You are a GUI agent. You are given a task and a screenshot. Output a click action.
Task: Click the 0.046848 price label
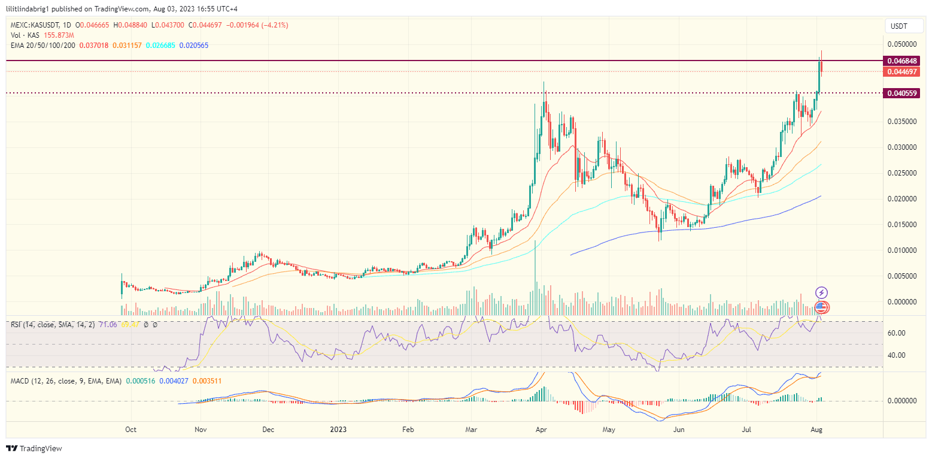tap(903, 61)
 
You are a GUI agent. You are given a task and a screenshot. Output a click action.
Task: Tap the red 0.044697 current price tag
tap(903, 72)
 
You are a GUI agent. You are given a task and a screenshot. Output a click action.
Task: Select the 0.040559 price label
tap(903, 93)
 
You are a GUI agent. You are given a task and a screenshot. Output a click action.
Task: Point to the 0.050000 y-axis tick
tap(901, 44)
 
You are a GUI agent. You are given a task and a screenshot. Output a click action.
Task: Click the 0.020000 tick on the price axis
tap(901, 199)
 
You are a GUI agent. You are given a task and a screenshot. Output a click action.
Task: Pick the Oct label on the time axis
tap(130, 430)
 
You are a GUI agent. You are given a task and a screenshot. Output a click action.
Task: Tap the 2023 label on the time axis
tap(338, 430)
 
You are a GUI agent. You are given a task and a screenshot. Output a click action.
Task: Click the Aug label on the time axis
tap(815, 430)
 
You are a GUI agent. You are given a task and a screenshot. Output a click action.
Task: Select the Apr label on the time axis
tap(541, 430)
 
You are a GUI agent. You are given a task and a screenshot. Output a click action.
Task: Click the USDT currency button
tap(899, 26)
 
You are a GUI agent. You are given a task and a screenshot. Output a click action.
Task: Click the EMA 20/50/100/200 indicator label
tap(42, 46)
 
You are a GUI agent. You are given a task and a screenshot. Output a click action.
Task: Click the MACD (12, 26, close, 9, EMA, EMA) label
tap(66, 381)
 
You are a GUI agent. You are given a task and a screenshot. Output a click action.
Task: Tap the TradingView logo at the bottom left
tap(34, 448)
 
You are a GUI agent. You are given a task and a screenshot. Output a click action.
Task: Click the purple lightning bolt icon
tap(822, 292)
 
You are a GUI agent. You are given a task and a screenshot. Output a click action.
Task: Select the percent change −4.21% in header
tap(274, 25)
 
